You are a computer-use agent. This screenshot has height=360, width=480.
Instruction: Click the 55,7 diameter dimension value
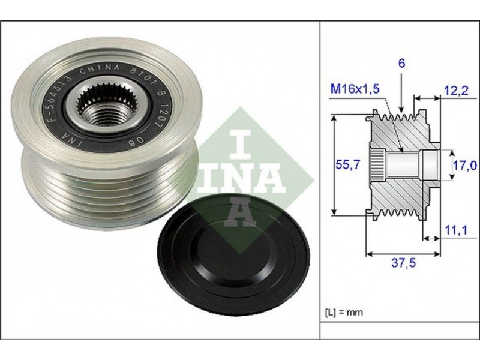[347, 165]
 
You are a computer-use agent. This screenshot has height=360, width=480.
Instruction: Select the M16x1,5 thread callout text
[355, 89]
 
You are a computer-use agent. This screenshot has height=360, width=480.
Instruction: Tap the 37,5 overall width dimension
[404, 262]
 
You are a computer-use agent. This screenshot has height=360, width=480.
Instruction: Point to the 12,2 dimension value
[456, 91]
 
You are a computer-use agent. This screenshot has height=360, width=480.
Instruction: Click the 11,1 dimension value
[456, 230]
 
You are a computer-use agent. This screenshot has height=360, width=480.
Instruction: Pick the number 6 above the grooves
[401, 64]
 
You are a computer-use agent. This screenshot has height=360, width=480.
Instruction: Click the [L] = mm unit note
[343, 312]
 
